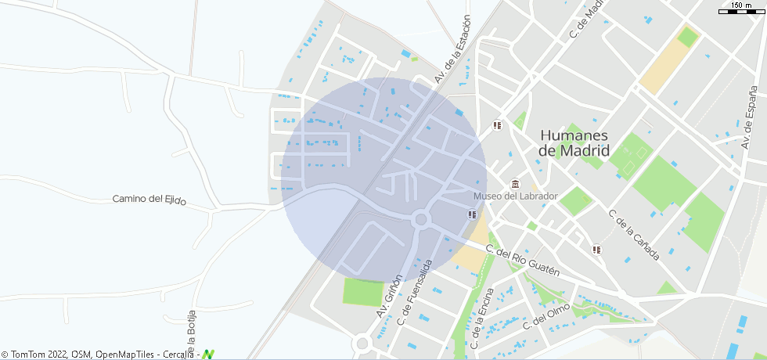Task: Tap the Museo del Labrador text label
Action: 516,196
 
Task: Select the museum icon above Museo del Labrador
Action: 515,183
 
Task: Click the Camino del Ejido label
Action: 149,200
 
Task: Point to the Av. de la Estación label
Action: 454,49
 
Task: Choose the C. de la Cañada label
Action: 634,235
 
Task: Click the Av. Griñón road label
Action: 389,295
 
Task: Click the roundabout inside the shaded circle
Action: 421,220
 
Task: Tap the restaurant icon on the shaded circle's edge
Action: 471,214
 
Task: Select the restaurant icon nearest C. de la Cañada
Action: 596,250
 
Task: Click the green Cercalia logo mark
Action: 208,355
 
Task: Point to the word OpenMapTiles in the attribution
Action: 124,355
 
